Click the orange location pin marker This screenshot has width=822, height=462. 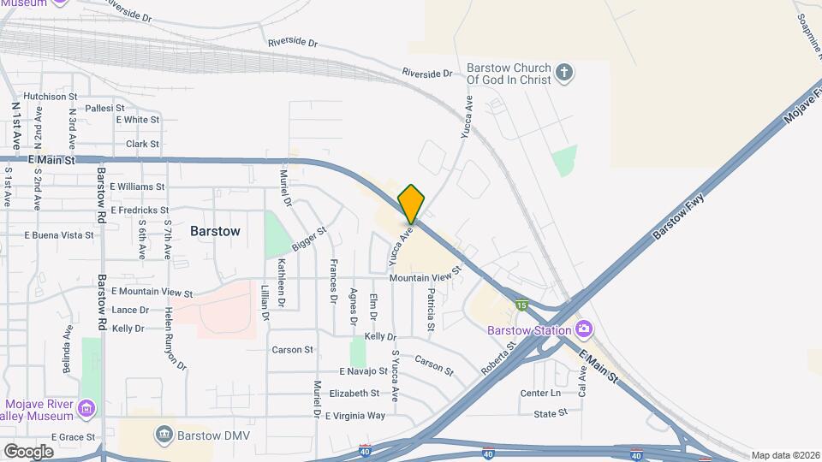[411, 204]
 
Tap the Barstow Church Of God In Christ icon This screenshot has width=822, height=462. [563, 72]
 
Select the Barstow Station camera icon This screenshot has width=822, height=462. [584, 329]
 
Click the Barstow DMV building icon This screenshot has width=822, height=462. [164, 435]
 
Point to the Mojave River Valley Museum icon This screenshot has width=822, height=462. [86, 409]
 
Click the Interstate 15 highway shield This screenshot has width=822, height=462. [521, 305]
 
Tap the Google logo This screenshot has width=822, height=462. [28, 451]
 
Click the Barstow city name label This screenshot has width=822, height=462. [215, 231]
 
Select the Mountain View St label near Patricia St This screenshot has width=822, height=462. [425, 276]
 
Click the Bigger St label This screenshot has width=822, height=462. [309, 239]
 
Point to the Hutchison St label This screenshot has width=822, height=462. [51, 97]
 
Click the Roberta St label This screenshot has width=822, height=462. [498, 358]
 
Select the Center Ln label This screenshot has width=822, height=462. [540, 394]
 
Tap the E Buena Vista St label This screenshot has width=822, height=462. [58, 234]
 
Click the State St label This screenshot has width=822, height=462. [551, 413]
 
